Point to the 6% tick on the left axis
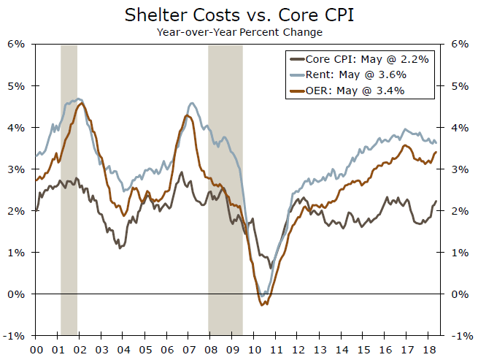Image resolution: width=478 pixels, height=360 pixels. click(17, 44)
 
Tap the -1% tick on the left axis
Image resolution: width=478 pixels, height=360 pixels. click(17, 336)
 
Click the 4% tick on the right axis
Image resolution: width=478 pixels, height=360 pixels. click(460, 127)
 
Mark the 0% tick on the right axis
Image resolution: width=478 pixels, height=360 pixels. click(460, 294)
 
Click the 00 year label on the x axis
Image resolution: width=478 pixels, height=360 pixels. click(36, 349)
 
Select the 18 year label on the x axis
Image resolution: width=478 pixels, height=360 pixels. click(431, 349)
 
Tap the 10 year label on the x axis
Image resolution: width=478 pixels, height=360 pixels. click(255, 349)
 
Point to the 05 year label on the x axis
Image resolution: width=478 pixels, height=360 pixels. click(145, 349)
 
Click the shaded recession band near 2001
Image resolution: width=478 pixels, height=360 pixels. click(69, 190)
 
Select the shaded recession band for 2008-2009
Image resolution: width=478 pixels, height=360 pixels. click(225, 190)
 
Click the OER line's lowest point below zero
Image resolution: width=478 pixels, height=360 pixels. click(263, 304)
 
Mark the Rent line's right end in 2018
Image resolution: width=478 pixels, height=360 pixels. click(436, 143)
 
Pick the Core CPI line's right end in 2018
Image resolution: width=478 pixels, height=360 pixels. click(436, 202)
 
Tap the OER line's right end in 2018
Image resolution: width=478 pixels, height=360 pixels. click(436, 152)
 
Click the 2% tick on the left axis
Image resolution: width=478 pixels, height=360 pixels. click(17, 211)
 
